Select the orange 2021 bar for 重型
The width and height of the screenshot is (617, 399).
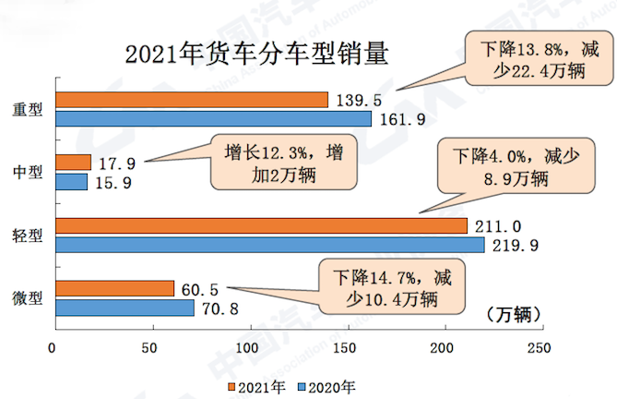[192, 100]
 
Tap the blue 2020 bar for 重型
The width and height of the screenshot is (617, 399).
[213, 118]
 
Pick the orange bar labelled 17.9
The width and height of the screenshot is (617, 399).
[73, 163]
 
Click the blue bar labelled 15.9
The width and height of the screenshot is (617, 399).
[71, 182]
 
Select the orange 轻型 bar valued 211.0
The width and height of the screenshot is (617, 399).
[262, 226]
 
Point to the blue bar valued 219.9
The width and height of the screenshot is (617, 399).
[270, 245]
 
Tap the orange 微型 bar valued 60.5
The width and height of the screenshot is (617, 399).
[114, 289]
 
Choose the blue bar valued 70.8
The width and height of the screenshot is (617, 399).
[125, 308]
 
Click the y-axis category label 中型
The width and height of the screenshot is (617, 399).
[28, 173]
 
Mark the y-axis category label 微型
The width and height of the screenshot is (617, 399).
[28, 298]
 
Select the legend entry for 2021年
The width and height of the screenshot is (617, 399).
[255, 386]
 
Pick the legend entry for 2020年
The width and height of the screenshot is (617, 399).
[328, 386]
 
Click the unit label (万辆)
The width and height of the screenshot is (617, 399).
[505, 314]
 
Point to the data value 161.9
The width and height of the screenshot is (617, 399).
[398, 119]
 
